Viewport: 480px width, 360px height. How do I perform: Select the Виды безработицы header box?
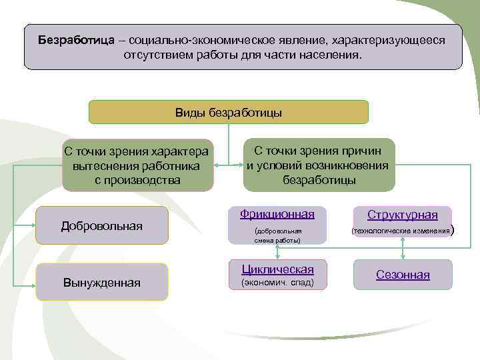(228, 112)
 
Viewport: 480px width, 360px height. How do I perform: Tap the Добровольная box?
(101, 226)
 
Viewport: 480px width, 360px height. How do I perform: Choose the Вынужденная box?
(101, 283)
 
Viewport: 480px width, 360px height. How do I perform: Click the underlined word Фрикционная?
(277, 214)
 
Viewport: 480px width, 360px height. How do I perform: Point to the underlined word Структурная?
(403, 215)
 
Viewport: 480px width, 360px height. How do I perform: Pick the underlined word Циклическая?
(277, 269)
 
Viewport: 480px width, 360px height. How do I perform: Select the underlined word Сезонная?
(403, 275)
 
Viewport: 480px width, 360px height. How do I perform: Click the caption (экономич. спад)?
(276, 283)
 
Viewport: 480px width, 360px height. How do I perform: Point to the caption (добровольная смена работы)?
(277, 235)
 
